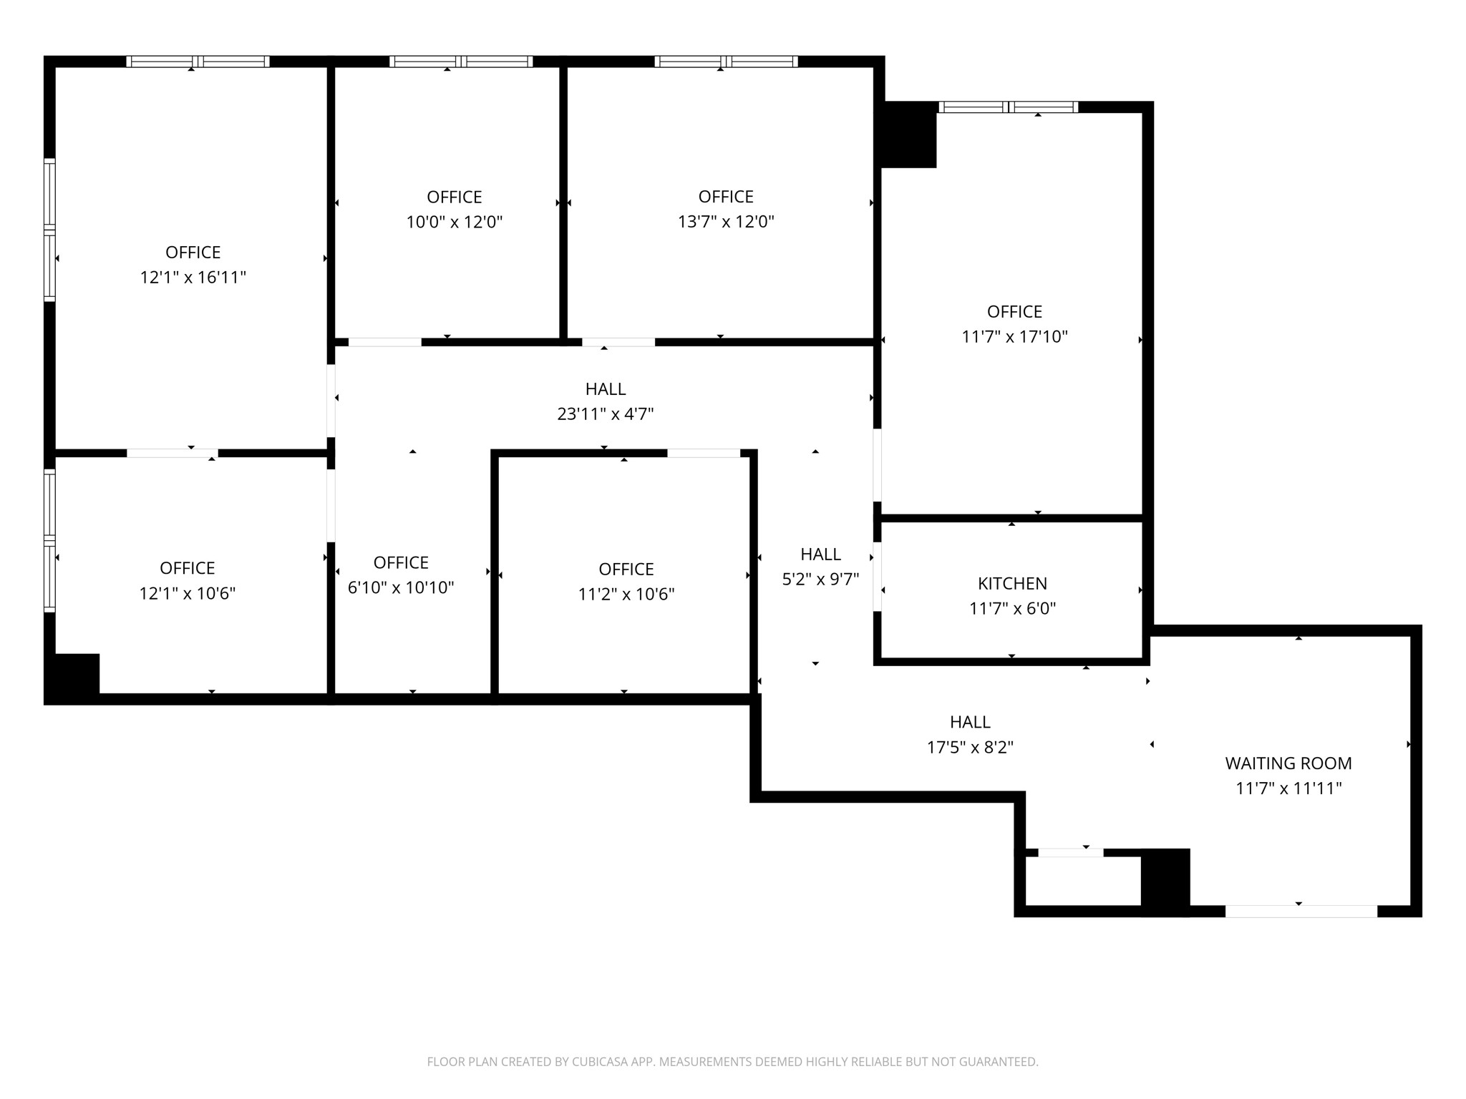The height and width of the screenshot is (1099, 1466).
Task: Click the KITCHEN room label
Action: click(1012, 584)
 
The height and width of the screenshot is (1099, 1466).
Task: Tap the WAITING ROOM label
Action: click(1288, 763)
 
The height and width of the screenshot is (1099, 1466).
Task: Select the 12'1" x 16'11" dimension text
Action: click(193, 278)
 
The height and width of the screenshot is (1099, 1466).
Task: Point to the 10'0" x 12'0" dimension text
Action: click(455, 222)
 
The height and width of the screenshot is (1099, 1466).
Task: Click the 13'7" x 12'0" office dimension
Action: click(726, 222)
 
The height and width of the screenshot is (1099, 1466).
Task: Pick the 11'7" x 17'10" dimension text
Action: click(1014, 337)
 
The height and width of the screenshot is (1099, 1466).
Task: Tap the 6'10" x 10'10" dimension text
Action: click(401, 588)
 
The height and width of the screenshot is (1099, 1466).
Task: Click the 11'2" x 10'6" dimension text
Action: click(626, 595)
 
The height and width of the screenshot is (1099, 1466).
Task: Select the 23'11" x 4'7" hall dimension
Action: click(606, 414)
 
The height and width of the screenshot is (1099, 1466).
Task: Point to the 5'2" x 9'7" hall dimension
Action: click(820, 580)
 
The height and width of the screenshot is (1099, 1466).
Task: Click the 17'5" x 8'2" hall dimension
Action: click(970, 748)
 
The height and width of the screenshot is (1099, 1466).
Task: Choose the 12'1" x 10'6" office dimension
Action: click(188, 594)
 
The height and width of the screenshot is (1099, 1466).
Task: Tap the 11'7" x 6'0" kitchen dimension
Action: click(1012, 609)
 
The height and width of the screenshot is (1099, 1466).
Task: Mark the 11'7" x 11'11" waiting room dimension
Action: click(1288, 788)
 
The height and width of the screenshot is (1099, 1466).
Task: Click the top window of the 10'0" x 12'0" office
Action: click(461, 62)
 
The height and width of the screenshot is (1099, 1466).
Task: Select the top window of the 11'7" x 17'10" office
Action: click(1009, 107)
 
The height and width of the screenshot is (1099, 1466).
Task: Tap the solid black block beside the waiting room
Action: click(1165, 881)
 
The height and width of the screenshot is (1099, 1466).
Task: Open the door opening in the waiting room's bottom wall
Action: click(1301, 912)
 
